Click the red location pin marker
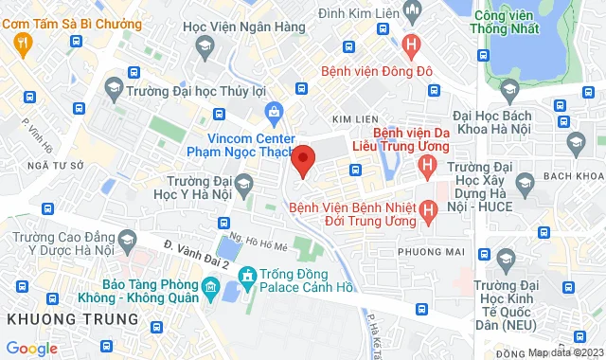pyautogui.click(x=303, y=160)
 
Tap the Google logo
pyautogui.click(x=32, y=348)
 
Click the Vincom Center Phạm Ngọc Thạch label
pyautogui.click(x=251, y=144)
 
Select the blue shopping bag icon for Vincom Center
pyautogui.click(x=274, y=113)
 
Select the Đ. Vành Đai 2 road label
pyautogui.click(x=197, y=257)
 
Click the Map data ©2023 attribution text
pyautogui.click(x=565, y=352)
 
